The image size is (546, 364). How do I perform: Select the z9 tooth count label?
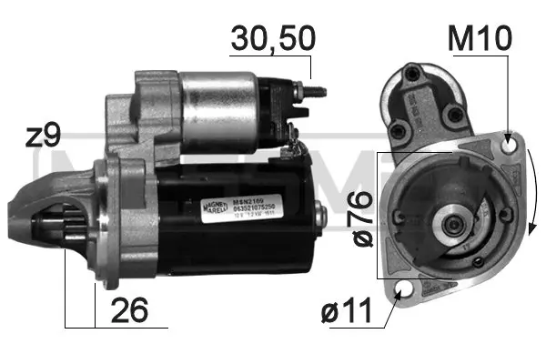[x=43, y=136]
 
